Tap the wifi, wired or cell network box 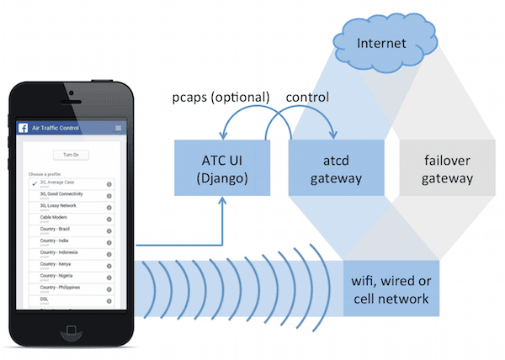pyautogui.click(x=391, y=287)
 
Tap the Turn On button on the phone pyautogui.click(x=71, y=155)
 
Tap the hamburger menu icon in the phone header pyautogui.click(x=118, y=128)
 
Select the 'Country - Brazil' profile pyautogui.click(x=59, y=230)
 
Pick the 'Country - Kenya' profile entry pyautogui.click(x=58, y=264)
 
